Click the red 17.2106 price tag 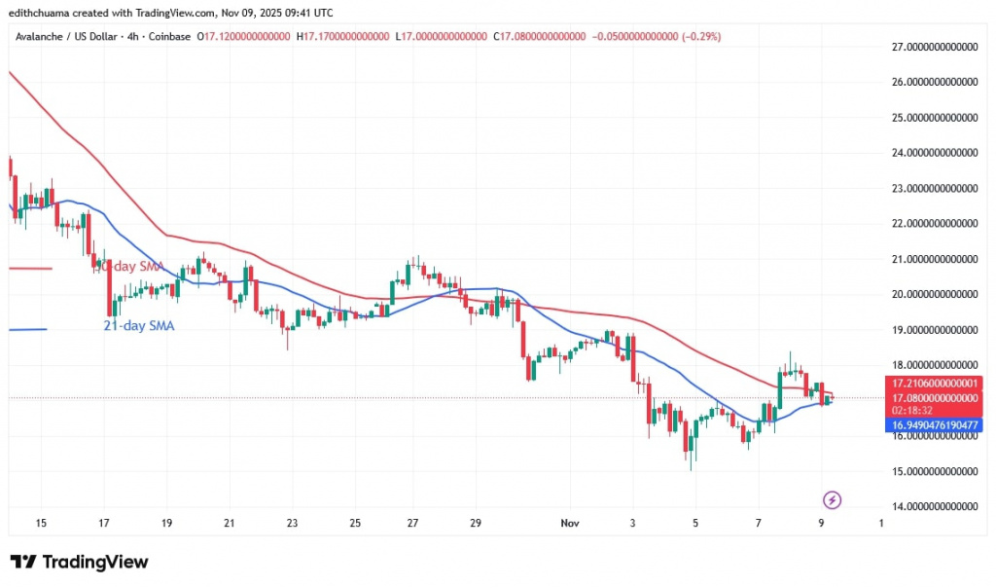click(933, 384)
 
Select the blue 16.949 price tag click(933, 425)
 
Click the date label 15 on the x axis click(41, 523)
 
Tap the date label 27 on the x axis click(413, 523)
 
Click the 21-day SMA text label click(138, 326)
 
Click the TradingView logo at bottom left click(80, 562)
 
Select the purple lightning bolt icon click(832, 500)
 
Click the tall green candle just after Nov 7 click(780, 385)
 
